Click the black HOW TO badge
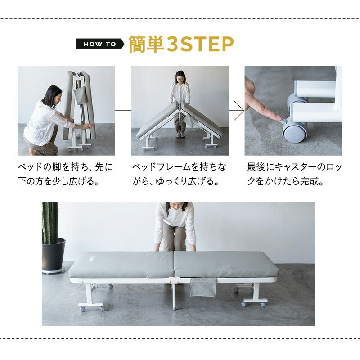click(99, 44)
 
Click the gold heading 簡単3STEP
click(181, 44)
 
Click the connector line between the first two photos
click(123, 111)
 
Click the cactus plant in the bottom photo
click(50, 223)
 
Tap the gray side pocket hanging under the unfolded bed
click(203, 287)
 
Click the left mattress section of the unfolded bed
click(121, 264)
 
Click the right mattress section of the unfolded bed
click(225, 264)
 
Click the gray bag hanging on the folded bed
click(80, 95)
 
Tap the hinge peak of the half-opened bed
click(180, 104)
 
